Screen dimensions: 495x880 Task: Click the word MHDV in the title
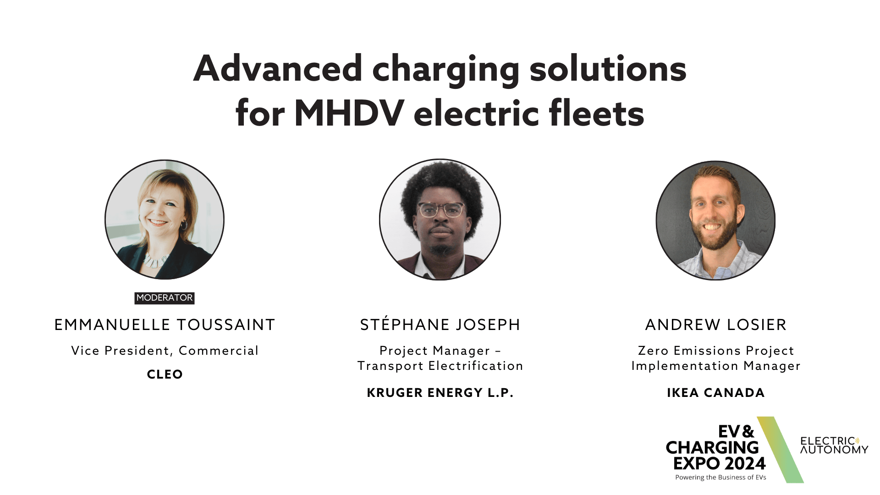tap(349, 113)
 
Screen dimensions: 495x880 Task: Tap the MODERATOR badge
tap(165, 298)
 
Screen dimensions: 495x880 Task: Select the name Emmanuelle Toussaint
tap(165, 324)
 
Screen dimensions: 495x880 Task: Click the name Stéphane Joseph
tap(440, 324)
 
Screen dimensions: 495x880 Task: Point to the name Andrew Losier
tap(716, 324)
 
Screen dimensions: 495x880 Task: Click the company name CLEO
tap(165, 374)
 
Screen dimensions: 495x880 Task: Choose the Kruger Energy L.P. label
tap(440, 393)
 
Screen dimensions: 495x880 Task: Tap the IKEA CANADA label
tap(716, 393)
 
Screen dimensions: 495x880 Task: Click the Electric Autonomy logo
tap(834, 445)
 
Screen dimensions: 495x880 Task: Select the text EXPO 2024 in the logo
tap(719, 463)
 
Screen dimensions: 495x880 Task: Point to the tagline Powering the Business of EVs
tap(720, 478)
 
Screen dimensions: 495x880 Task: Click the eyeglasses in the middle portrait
tap(440, 210)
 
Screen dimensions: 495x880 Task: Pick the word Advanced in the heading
tap(278, 69)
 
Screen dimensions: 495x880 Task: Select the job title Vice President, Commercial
tap(165, 351)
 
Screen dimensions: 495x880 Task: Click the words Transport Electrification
tap(440, 366)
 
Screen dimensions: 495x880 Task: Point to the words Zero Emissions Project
tap(716, 351)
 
